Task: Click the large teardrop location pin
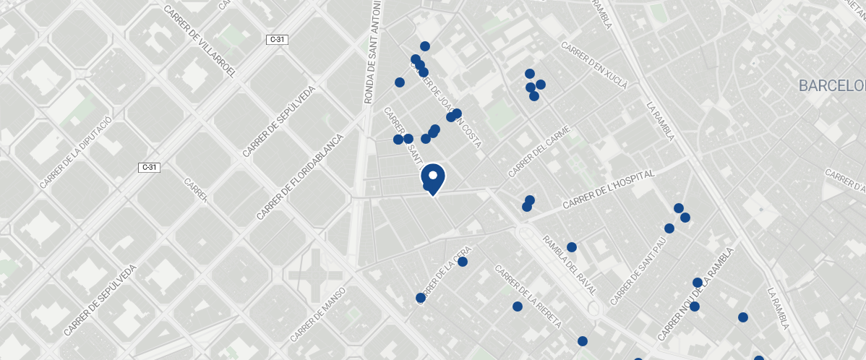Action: pos(432,179)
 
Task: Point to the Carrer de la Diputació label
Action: pos(76,151)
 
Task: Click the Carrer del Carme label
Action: pos(539,152)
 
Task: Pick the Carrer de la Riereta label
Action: pos(528,296)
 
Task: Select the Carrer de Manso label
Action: pos(319,315)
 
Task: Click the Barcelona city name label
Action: pos(831,86)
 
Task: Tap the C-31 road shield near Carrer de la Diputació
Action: pos(149,168)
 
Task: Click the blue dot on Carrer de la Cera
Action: pos(463,262)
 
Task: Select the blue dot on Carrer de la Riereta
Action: pos(518,307)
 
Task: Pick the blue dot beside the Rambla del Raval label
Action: pos(572,247)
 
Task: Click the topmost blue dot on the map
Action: pos(425,46)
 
